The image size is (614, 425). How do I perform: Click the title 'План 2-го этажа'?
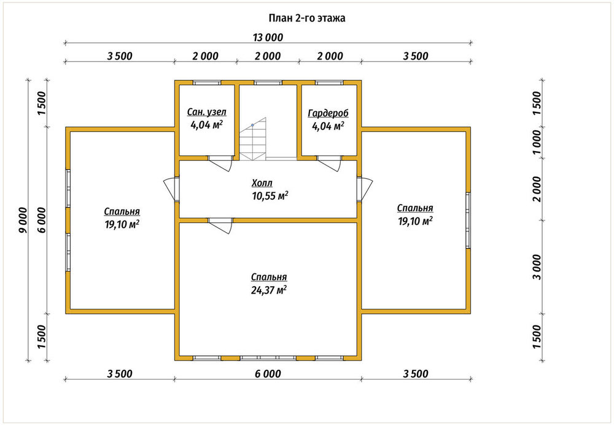point(306,18)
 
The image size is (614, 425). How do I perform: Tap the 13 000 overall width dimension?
point(268,37)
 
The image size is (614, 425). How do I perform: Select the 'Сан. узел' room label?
point(206,112)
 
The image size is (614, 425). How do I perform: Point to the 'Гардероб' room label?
point(328,114)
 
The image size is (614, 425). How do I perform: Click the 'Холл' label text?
point(262,183)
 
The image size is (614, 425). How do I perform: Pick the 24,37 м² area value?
point(269,290)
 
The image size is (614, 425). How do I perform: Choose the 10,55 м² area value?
point(270,196)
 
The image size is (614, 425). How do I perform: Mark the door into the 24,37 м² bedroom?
point(220,225)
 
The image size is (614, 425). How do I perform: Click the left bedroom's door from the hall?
point(171,190)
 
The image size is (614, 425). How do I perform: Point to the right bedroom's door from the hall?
point(365,190)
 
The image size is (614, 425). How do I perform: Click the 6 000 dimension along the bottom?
point(268,373)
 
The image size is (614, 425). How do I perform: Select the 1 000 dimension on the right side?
point(537,142)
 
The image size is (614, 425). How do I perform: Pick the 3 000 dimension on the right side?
point(537,267)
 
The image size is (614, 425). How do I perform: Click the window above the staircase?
point(268,83)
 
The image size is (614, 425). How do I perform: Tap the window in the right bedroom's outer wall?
point(468,220)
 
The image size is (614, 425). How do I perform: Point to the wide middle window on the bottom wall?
point(268,358)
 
